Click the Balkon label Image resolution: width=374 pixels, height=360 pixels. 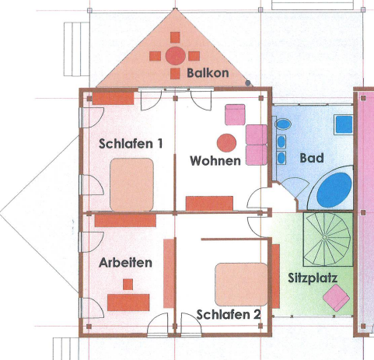(208, 73)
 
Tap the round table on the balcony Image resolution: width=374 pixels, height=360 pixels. (176, 56)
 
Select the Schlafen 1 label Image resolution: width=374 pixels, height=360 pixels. (131, 144)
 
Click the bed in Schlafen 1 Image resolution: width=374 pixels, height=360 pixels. (131, 184)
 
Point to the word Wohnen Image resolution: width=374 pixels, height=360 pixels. (215, 161)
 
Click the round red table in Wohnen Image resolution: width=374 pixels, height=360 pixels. (226, 143)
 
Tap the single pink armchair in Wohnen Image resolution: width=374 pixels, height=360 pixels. (235, 114)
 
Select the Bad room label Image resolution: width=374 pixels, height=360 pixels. (312, 158)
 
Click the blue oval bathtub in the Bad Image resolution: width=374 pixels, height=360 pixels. (334, 190)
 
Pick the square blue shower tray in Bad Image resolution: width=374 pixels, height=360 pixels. (344, 124)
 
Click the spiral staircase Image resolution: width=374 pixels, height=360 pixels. (328, 239)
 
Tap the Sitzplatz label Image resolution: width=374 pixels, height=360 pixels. (313, 278)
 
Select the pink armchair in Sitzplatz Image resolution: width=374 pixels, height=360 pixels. (336, 298)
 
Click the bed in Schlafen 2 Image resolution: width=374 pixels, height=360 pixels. (241, 285)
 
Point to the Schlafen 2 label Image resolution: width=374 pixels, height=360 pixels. (229, 315)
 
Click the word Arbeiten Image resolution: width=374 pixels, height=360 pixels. (125, 263)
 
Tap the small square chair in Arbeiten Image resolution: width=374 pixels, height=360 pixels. (128, 285)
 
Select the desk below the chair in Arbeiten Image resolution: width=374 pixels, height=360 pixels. (128, 302)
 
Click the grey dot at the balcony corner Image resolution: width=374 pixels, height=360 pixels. (248, 83)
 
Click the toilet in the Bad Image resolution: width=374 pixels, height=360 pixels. (282, 124)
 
